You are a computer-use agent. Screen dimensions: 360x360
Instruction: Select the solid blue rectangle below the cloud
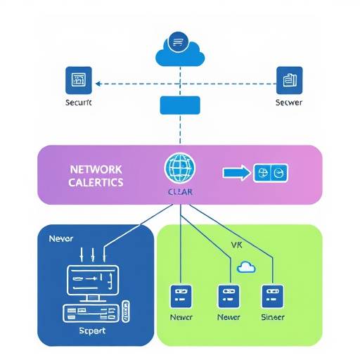pos(179,105)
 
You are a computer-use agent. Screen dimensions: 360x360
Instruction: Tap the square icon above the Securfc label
pos(78,80)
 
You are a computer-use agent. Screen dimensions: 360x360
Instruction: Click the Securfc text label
pos(77,103)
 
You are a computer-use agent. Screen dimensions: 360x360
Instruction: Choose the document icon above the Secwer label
pos(289,80)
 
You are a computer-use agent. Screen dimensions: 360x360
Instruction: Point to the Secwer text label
pos(289,103)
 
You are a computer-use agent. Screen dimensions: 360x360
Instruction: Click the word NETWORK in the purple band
pos(96,169)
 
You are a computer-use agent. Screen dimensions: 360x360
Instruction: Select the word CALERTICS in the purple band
pos(96,182)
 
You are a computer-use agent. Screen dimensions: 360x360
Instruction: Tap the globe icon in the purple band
pos(179,169)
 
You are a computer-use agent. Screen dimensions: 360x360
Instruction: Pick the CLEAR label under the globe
pos(179,191)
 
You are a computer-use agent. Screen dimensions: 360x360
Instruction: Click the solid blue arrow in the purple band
pos(235,172)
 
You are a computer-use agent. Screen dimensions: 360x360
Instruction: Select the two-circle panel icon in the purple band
pos(270,172)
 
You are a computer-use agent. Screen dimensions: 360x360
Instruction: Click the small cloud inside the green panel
pos(246,267)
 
